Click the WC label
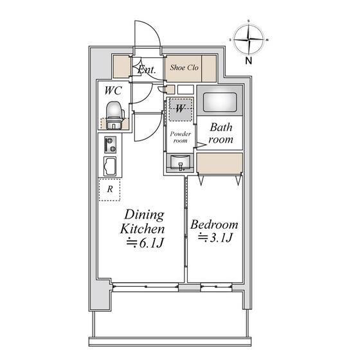pos(113,91)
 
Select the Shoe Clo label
pos(184,67)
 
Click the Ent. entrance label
pos(147,69)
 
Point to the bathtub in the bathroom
pos(220,102)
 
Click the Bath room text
pos(221,133)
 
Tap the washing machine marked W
pos(181,109)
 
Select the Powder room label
pos(181,137)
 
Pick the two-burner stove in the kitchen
pos(110,145)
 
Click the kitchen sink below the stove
pos(110,166)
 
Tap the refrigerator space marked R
pos(110,190)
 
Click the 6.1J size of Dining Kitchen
pos(145,243)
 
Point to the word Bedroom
pos(214,225)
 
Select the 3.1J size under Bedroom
pos(215,238)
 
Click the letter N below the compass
pos(249,60)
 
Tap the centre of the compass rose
pos(249,40)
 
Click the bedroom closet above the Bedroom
pos(220,163)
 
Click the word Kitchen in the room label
pos(143,229)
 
